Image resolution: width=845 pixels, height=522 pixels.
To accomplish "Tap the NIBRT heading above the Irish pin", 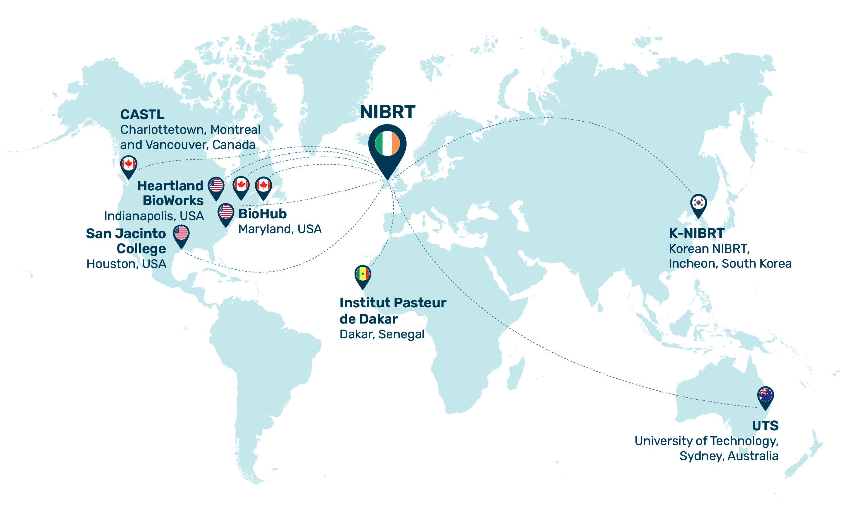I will (387, 112).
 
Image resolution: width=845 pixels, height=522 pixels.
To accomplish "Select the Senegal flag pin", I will (363, 275).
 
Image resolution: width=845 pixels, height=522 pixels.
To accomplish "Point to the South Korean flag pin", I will (698, 203).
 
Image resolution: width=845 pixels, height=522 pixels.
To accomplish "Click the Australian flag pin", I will (765, 395).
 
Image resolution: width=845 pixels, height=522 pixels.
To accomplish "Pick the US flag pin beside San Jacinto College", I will (181, 233).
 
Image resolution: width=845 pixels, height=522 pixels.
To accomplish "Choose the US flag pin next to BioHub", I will (226, 212).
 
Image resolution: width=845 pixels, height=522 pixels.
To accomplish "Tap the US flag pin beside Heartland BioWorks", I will (216, 186).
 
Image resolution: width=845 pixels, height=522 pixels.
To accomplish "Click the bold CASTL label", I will (142, 114).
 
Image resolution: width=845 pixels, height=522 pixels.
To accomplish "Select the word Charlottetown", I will (163, 130).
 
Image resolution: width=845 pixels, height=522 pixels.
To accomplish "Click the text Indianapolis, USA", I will (154, 216).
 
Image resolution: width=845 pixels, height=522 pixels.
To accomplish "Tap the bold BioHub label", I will (262, 214).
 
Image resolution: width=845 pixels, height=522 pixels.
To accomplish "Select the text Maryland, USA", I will (280, 229).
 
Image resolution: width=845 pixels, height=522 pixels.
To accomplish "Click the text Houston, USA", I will (126, 264).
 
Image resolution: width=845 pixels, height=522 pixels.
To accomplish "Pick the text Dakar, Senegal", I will (382, 334).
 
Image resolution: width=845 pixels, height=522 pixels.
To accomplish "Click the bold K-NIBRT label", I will (696, 233).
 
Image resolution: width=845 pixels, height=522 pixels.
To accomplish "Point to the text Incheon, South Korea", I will (729, 263).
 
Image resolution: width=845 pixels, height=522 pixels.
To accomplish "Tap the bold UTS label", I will (764, 426).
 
